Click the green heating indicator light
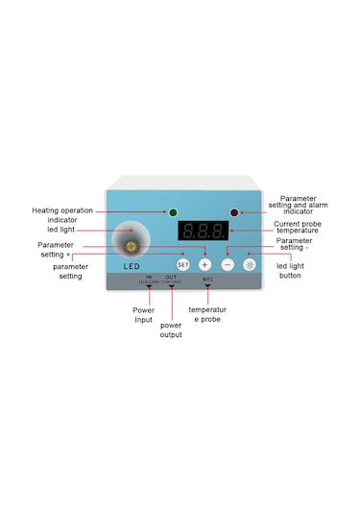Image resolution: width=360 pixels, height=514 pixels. [x=173, y=211]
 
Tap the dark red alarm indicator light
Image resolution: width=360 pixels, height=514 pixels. [x=233, y=211]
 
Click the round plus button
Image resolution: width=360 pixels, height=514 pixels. [x=204, y=263]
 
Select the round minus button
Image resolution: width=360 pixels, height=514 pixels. [x=228, y=263]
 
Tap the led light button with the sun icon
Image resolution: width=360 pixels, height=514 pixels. [x=249, y=263]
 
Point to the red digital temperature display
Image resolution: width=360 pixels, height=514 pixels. [x=204, y=232]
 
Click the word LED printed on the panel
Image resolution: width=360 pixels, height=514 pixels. [x=132, y=265]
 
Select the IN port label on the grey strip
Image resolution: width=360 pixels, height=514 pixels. [x=149, y=278]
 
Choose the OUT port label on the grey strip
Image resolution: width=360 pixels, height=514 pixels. [x=171, y=278]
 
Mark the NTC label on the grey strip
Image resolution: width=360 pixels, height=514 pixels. [x=207, y=279]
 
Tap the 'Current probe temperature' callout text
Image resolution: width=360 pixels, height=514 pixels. [x=294, y=228]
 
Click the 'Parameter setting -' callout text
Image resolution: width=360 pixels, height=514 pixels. [x=294, y=245]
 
